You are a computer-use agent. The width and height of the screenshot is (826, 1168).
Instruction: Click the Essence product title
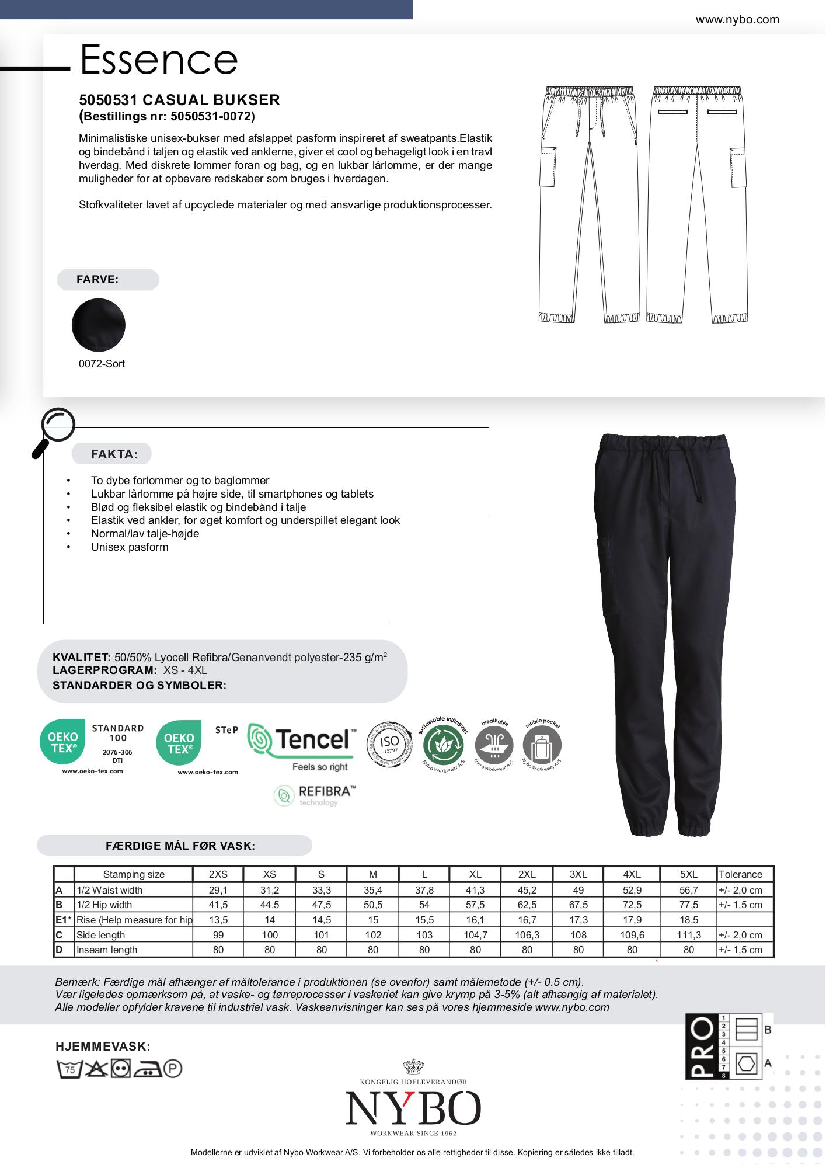158,60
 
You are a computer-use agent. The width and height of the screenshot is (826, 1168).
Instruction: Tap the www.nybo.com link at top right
737,20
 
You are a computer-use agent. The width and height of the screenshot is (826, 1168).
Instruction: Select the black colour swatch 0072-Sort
98,325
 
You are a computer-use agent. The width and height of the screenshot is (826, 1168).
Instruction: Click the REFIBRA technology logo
315,795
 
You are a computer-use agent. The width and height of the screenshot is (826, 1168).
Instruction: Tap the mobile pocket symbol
542,746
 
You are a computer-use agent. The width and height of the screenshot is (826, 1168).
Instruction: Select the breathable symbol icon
494,746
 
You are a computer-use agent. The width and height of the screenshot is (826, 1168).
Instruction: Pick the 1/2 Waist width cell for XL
475,890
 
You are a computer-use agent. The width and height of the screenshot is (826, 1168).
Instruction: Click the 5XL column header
689,874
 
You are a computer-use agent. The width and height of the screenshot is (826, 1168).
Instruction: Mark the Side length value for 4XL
632,935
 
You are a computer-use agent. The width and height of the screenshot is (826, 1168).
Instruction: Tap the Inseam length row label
107,950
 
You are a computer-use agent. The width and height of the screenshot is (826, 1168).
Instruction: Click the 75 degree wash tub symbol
69,1069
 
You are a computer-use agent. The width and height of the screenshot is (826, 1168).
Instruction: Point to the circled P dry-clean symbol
173,1069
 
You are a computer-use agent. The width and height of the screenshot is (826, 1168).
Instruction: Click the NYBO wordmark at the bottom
413,1108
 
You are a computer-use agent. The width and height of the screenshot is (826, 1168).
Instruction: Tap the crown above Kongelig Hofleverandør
413,1066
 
